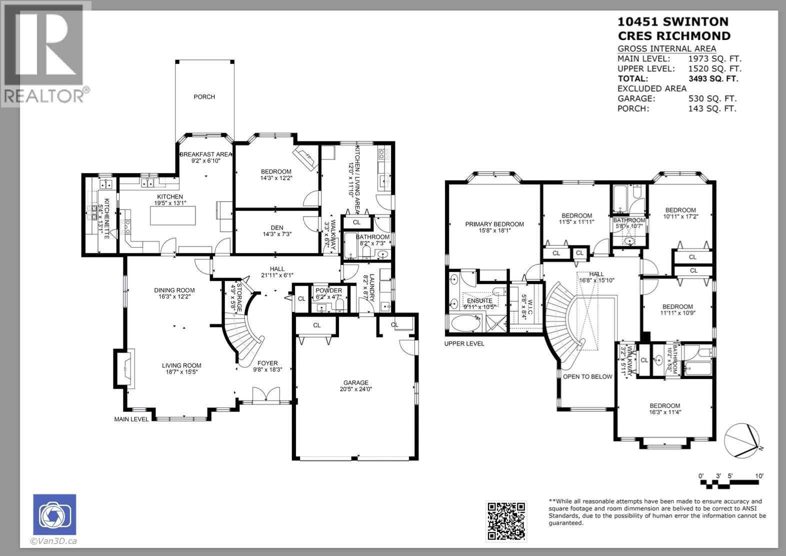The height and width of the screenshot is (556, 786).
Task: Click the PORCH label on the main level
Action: point(204,97)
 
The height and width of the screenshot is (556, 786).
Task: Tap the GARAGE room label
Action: point(355,382)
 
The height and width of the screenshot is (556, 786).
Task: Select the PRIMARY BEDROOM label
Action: point(494,224)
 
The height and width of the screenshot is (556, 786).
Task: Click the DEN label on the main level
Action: point(276,228)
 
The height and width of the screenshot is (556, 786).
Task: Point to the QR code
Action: point(506,521)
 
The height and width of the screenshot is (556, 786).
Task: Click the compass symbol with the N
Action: point(742,440)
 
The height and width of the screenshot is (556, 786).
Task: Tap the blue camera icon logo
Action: point(54,514)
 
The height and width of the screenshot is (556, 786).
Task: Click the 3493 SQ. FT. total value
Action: point(713,78)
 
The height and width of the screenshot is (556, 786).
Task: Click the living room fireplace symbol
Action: point(124,369)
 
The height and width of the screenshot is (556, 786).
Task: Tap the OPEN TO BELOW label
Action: point(587,376)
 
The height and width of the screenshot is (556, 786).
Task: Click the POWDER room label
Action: point(328,290)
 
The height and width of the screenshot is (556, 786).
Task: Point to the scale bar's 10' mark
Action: point(759,476)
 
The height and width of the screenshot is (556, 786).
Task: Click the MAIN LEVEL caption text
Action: point(131,419)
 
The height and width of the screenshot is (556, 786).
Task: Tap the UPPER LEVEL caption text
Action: point(464,343)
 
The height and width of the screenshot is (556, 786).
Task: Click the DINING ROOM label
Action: point(174,290)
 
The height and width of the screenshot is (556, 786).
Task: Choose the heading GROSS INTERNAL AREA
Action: point(666,48)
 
